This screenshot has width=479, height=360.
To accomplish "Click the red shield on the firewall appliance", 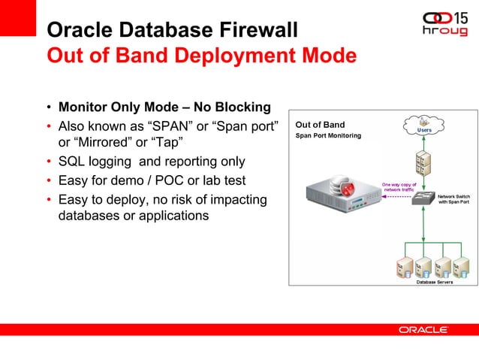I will [x=347, y=189].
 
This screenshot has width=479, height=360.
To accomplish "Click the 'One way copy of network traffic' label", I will [x=399, y=187].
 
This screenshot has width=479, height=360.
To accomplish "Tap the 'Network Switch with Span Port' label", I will [x=453, y=199].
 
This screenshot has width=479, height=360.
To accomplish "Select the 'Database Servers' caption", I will [x=424, y=282].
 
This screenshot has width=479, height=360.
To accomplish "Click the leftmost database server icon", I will [x=403, y=266].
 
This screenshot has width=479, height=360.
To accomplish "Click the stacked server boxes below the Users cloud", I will [x=423, y=162].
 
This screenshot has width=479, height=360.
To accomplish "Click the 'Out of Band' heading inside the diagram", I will [x=321, y=125].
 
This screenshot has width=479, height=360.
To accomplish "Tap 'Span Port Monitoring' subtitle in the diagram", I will [x=328, y=135].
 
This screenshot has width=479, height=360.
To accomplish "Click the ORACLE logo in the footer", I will [x=423, y=330].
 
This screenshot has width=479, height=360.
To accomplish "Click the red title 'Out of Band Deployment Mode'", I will [x=201, y=56].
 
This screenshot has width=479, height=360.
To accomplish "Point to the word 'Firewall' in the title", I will [x=259, y=30].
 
